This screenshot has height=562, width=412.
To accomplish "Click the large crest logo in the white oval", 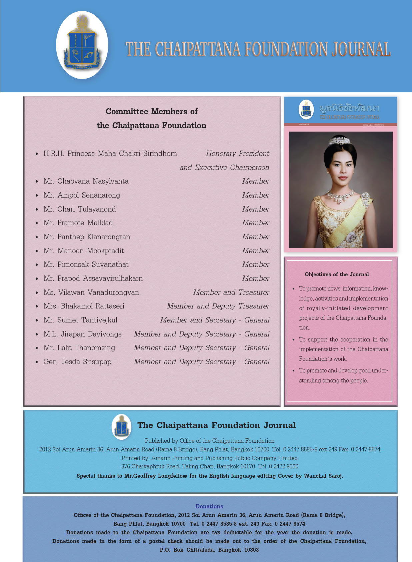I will [x=82, y=45].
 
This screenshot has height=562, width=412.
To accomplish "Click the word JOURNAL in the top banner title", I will [x=361, y=49].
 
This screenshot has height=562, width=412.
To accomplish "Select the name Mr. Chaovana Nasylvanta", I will [x=86, y=181].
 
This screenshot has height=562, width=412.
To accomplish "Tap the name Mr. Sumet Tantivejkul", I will [x=80, y=320].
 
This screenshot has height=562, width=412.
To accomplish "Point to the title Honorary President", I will [x=237, y=154].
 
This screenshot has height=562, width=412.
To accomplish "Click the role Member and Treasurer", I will [x=231, y=292].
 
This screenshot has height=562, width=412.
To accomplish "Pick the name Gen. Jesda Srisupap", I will [x=77, y=362].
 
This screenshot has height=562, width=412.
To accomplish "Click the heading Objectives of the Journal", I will [x=337, y=275].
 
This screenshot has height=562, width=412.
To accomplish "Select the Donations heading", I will [x=209, y=506].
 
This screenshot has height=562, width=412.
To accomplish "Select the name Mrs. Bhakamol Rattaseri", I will [x=84, y=306].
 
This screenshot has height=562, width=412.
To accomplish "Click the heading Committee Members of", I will [x=152, y=111].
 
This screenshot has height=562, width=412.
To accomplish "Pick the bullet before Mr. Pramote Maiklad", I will [x=37, y=223].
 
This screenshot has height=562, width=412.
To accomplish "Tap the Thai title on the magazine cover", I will [x=349, y=108].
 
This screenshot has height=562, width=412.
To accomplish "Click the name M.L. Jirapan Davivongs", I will [x=82, y=334].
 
